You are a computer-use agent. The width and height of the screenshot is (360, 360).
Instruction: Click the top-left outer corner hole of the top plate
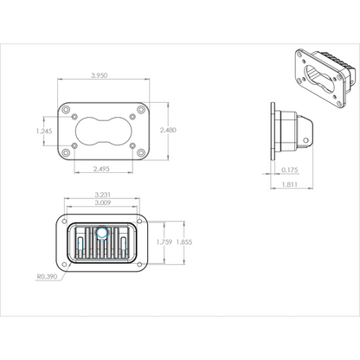click(x=66, y=110)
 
